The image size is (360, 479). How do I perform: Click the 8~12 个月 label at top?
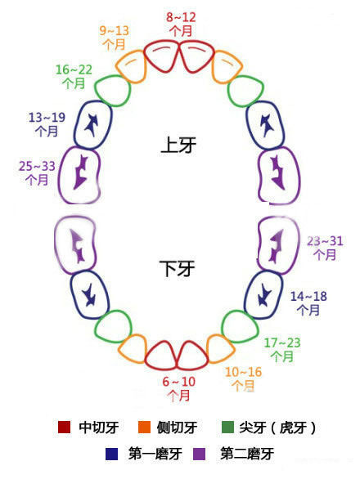click(x=181, y=25)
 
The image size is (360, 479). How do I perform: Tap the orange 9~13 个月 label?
click(x=115, y=38)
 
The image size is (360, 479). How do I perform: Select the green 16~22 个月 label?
click(x=74, y=76)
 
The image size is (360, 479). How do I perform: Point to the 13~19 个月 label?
click(x=47, y=124)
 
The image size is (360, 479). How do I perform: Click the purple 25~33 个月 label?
click(x=37, y=173)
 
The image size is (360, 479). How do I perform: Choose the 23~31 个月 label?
click(x=325, y=248)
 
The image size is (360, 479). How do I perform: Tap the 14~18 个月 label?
click(x=308, y=303)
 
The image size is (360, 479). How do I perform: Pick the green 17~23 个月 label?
click(x=282, y=350)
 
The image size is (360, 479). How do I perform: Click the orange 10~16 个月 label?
click(x=244, y=378)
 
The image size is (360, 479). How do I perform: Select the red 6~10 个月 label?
click(x=179, y=388)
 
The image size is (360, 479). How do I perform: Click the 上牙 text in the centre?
click(x=178, y=145)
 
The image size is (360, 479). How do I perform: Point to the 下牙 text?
click(x=177, y=269)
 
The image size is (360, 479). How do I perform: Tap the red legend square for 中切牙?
click(x=65, y=427)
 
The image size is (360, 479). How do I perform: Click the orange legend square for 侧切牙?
click(x=144, y=427)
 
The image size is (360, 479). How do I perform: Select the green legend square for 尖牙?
click(x=227, y=427)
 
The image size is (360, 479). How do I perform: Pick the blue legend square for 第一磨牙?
click(x=111, y=454)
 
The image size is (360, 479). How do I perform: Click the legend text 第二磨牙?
click(x=246, y=454)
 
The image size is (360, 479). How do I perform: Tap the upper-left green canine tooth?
click(x=113, y=90)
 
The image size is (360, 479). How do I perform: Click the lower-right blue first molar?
click(x=263, y=295)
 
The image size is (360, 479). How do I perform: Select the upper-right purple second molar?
click(x=279, y=176)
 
